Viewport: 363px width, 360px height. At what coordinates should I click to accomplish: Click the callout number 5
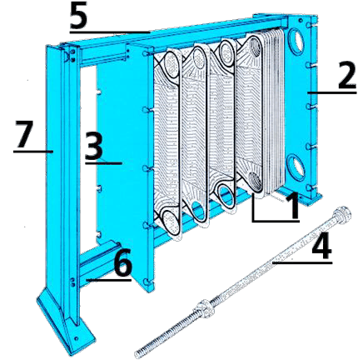coord(78,17)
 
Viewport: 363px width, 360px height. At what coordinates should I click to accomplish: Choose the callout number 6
coord(122,266)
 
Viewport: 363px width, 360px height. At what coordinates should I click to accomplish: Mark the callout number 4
coord(323,248)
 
